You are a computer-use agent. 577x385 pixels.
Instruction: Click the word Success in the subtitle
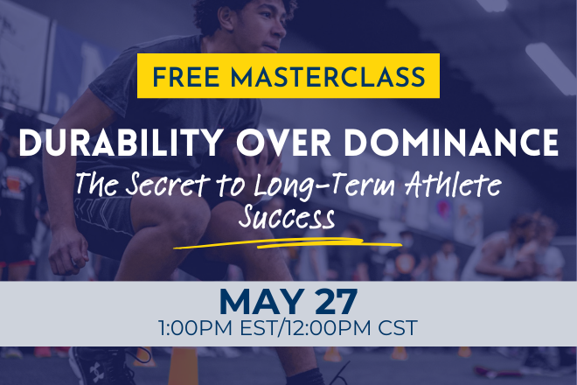[x=288, y=216]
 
